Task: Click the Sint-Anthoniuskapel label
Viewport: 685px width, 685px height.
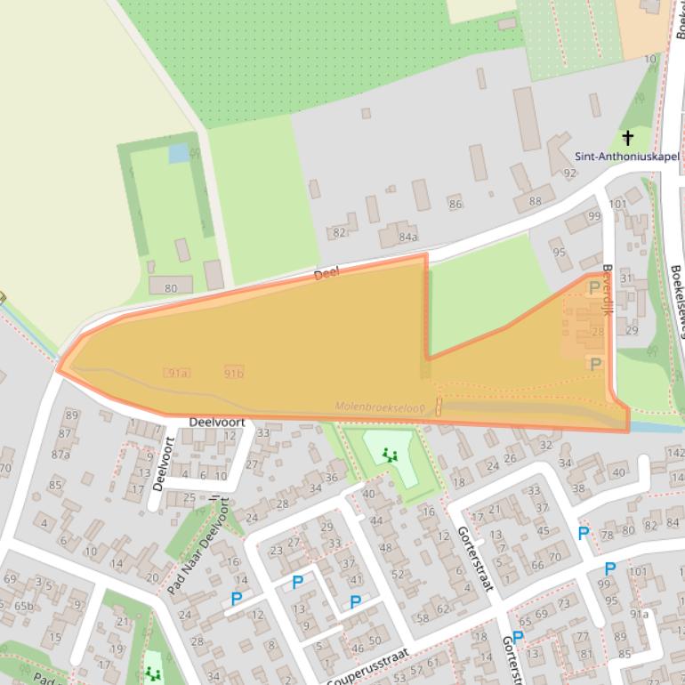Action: (x=626, y=157)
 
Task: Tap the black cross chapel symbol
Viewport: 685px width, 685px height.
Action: (x=628, y=137)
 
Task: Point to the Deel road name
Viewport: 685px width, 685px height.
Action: (x=326, y=275)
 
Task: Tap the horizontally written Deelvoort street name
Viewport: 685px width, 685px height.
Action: (x=214, y=423)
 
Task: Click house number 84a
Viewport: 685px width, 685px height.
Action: (x=407, y=238)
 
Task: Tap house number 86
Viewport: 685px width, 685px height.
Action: (x=455, y=204)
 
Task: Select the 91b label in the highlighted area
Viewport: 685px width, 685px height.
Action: (x=234, y=373)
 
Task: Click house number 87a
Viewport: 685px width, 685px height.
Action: (x=60, y=454)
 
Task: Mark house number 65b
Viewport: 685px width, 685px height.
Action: (x=23, y=606)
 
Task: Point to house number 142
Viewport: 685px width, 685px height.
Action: (x=675, y=453)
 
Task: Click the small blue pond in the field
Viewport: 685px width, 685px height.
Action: (x=178, y=153)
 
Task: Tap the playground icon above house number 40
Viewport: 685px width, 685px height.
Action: (x=389, y=455)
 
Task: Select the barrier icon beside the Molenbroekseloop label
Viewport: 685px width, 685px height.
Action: (x=438, y=407)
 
